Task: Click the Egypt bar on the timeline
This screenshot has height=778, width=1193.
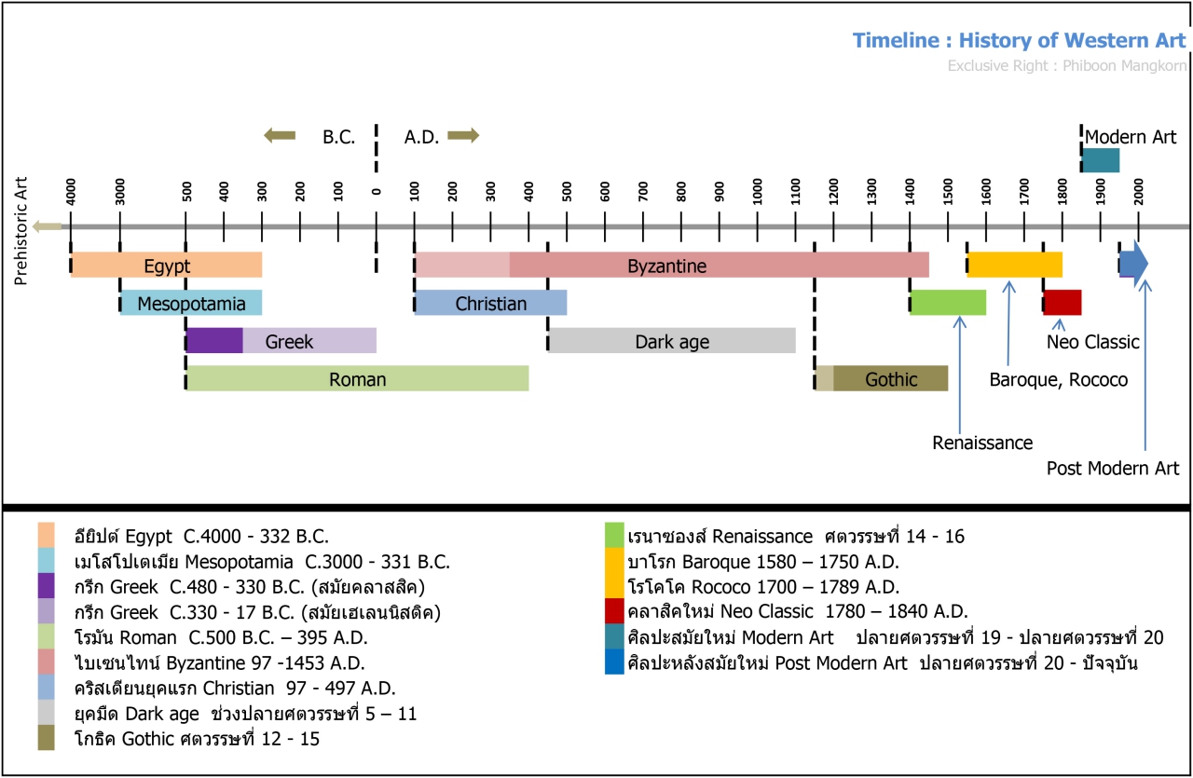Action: [x=166, y=265]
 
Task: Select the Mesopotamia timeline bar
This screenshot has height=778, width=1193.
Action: [x=191, y=303]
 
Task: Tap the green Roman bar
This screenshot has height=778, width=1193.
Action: [x=357, y=378]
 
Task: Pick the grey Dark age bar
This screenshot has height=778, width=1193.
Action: [x=671, y=341]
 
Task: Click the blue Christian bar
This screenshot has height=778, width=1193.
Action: [x=490, y=303]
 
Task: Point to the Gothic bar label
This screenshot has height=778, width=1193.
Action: [x=890, y=378]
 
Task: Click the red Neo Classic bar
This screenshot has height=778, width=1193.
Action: [x=1063, y=303]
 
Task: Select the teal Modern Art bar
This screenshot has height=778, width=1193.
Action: [x=1101, y=160]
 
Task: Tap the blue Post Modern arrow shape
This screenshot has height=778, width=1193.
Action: [x=1133, y=265]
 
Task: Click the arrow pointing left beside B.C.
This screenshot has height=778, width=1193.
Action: [x=280, y=136]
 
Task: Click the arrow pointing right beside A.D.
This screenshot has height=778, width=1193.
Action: [x=463, y=136]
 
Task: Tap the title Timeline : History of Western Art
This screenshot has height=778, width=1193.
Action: [x=1020, y=41]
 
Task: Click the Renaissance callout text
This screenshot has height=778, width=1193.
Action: [x=982, y=444]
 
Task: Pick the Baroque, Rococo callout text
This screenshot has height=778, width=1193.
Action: [x=1058, y=380]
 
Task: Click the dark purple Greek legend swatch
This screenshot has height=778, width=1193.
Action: [x=46, y=588]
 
